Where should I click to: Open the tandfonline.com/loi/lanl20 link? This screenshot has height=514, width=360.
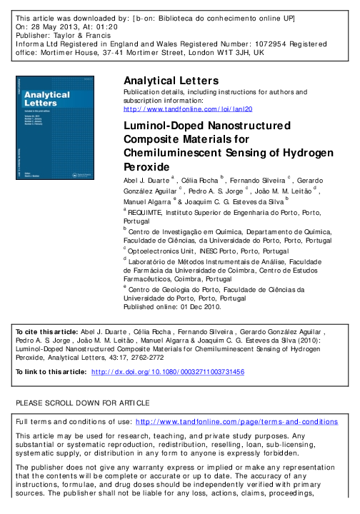188,110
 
